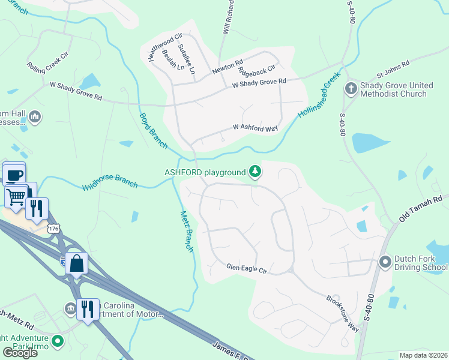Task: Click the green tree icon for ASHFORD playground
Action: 256,172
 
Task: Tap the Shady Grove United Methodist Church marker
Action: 351,89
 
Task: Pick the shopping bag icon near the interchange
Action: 77,263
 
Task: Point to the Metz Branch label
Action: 187,232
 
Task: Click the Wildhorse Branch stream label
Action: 110,182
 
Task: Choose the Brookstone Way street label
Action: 342,313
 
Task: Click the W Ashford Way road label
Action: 256,128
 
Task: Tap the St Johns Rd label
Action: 393,70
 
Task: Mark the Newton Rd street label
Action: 227,67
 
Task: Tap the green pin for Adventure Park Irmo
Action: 58,341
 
